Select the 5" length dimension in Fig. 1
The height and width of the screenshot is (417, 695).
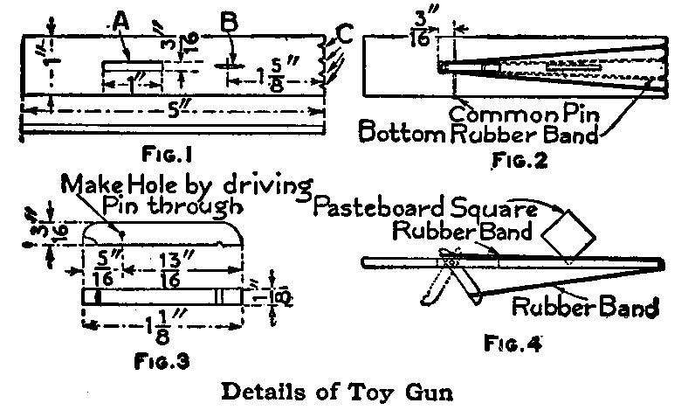coord(175,112)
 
